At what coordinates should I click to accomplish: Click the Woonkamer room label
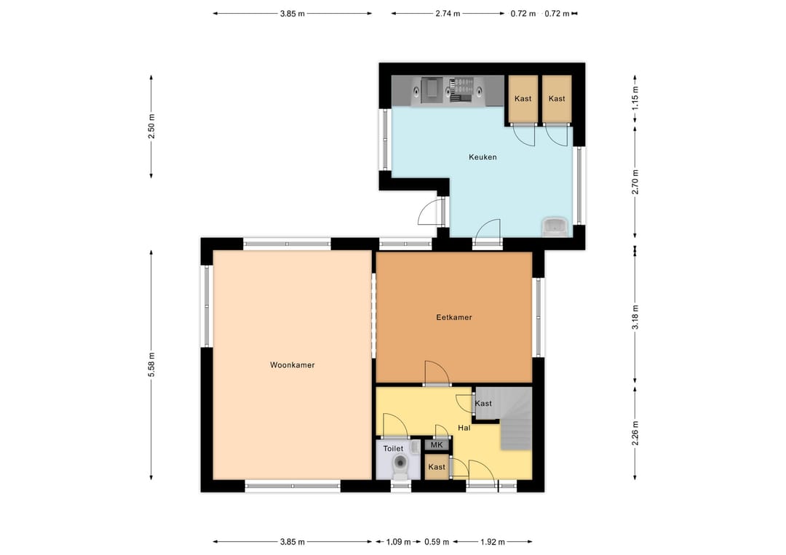point(293,365)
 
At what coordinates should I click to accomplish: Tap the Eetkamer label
point(454,317)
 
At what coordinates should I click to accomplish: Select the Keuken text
point(483,157)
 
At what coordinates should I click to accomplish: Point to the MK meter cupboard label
point(437,445)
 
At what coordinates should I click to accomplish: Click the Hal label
point(464,428)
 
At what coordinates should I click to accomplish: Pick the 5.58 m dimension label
point(151,365)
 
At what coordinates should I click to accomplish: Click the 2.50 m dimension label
point(151,127)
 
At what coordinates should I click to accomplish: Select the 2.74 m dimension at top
point(448,14)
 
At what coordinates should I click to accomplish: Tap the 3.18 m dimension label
point(635,317)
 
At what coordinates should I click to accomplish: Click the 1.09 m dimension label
point(399,541)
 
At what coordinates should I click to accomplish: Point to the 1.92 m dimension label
point(493,541)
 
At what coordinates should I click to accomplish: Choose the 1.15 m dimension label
point(635,98)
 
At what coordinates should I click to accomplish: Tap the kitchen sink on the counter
point(432,90)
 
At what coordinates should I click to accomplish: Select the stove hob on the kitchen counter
point(461,90)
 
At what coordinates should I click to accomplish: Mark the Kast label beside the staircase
point(483,403)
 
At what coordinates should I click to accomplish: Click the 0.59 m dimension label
point(437,541)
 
